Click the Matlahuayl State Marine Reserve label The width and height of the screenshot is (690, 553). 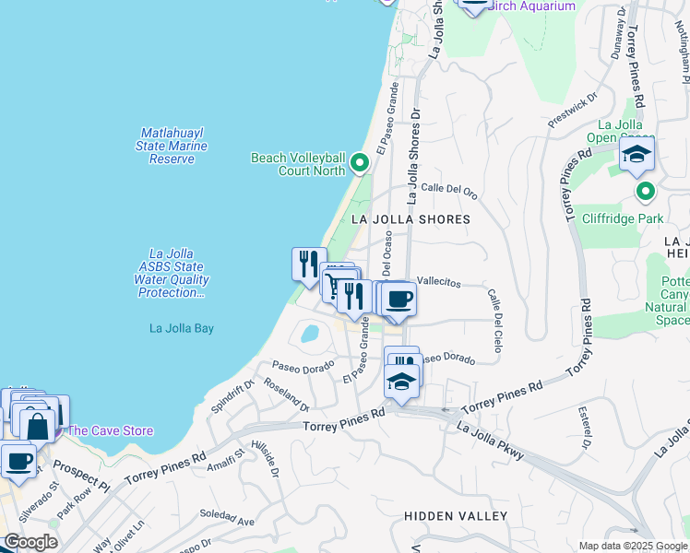point(172,146)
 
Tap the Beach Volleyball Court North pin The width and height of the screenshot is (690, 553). point(360,165)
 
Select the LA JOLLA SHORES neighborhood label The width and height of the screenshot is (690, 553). point(410,219)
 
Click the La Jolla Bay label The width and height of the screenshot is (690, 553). point(182,327)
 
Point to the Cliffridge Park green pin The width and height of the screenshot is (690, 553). point(646,192)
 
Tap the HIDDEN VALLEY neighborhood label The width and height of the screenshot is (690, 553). point(456,515)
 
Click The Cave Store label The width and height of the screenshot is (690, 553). point(110,430)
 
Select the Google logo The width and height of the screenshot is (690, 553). point(30,542)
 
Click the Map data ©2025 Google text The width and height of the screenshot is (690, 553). point(632,546)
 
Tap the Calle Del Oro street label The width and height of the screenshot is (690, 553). point(449,192)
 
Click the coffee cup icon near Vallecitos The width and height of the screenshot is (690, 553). point(399,299)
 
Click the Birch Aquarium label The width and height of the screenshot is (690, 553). point(530,6)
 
